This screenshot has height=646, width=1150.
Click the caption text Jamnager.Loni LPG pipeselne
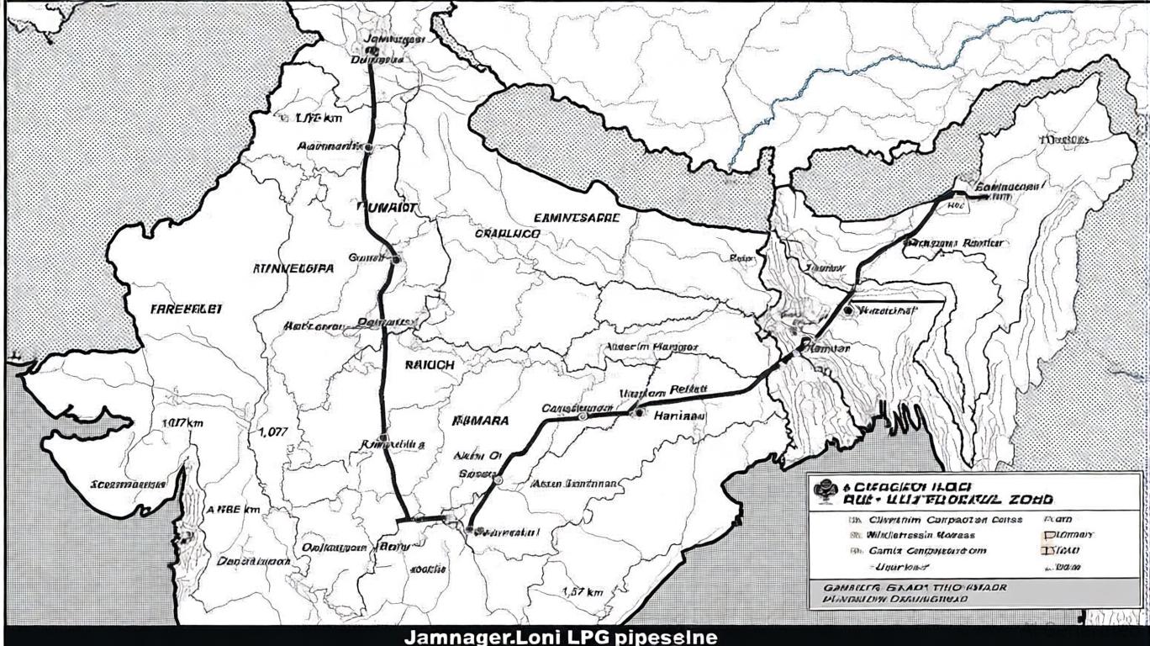pos(561,637)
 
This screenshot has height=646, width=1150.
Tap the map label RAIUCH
pos(430,366)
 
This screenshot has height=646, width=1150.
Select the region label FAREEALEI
pos(187,309)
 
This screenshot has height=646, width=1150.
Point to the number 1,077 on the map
pos(273,432)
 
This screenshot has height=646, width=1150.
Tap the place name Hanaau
pos(679,415)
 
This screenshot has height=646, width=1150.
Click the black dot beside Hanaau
pos(640,412)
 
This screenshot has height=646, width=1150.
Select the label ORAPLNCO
pos(507,233)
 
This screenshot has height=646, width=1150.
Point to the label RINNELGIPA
pos(293,269)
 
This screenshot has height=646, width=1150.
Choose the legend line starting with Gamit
pos(926,551)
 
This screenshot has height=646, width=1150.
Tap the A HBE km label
pos(233,510)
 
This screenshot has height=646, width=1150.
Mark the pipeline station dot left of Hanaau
pos(583,416)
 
